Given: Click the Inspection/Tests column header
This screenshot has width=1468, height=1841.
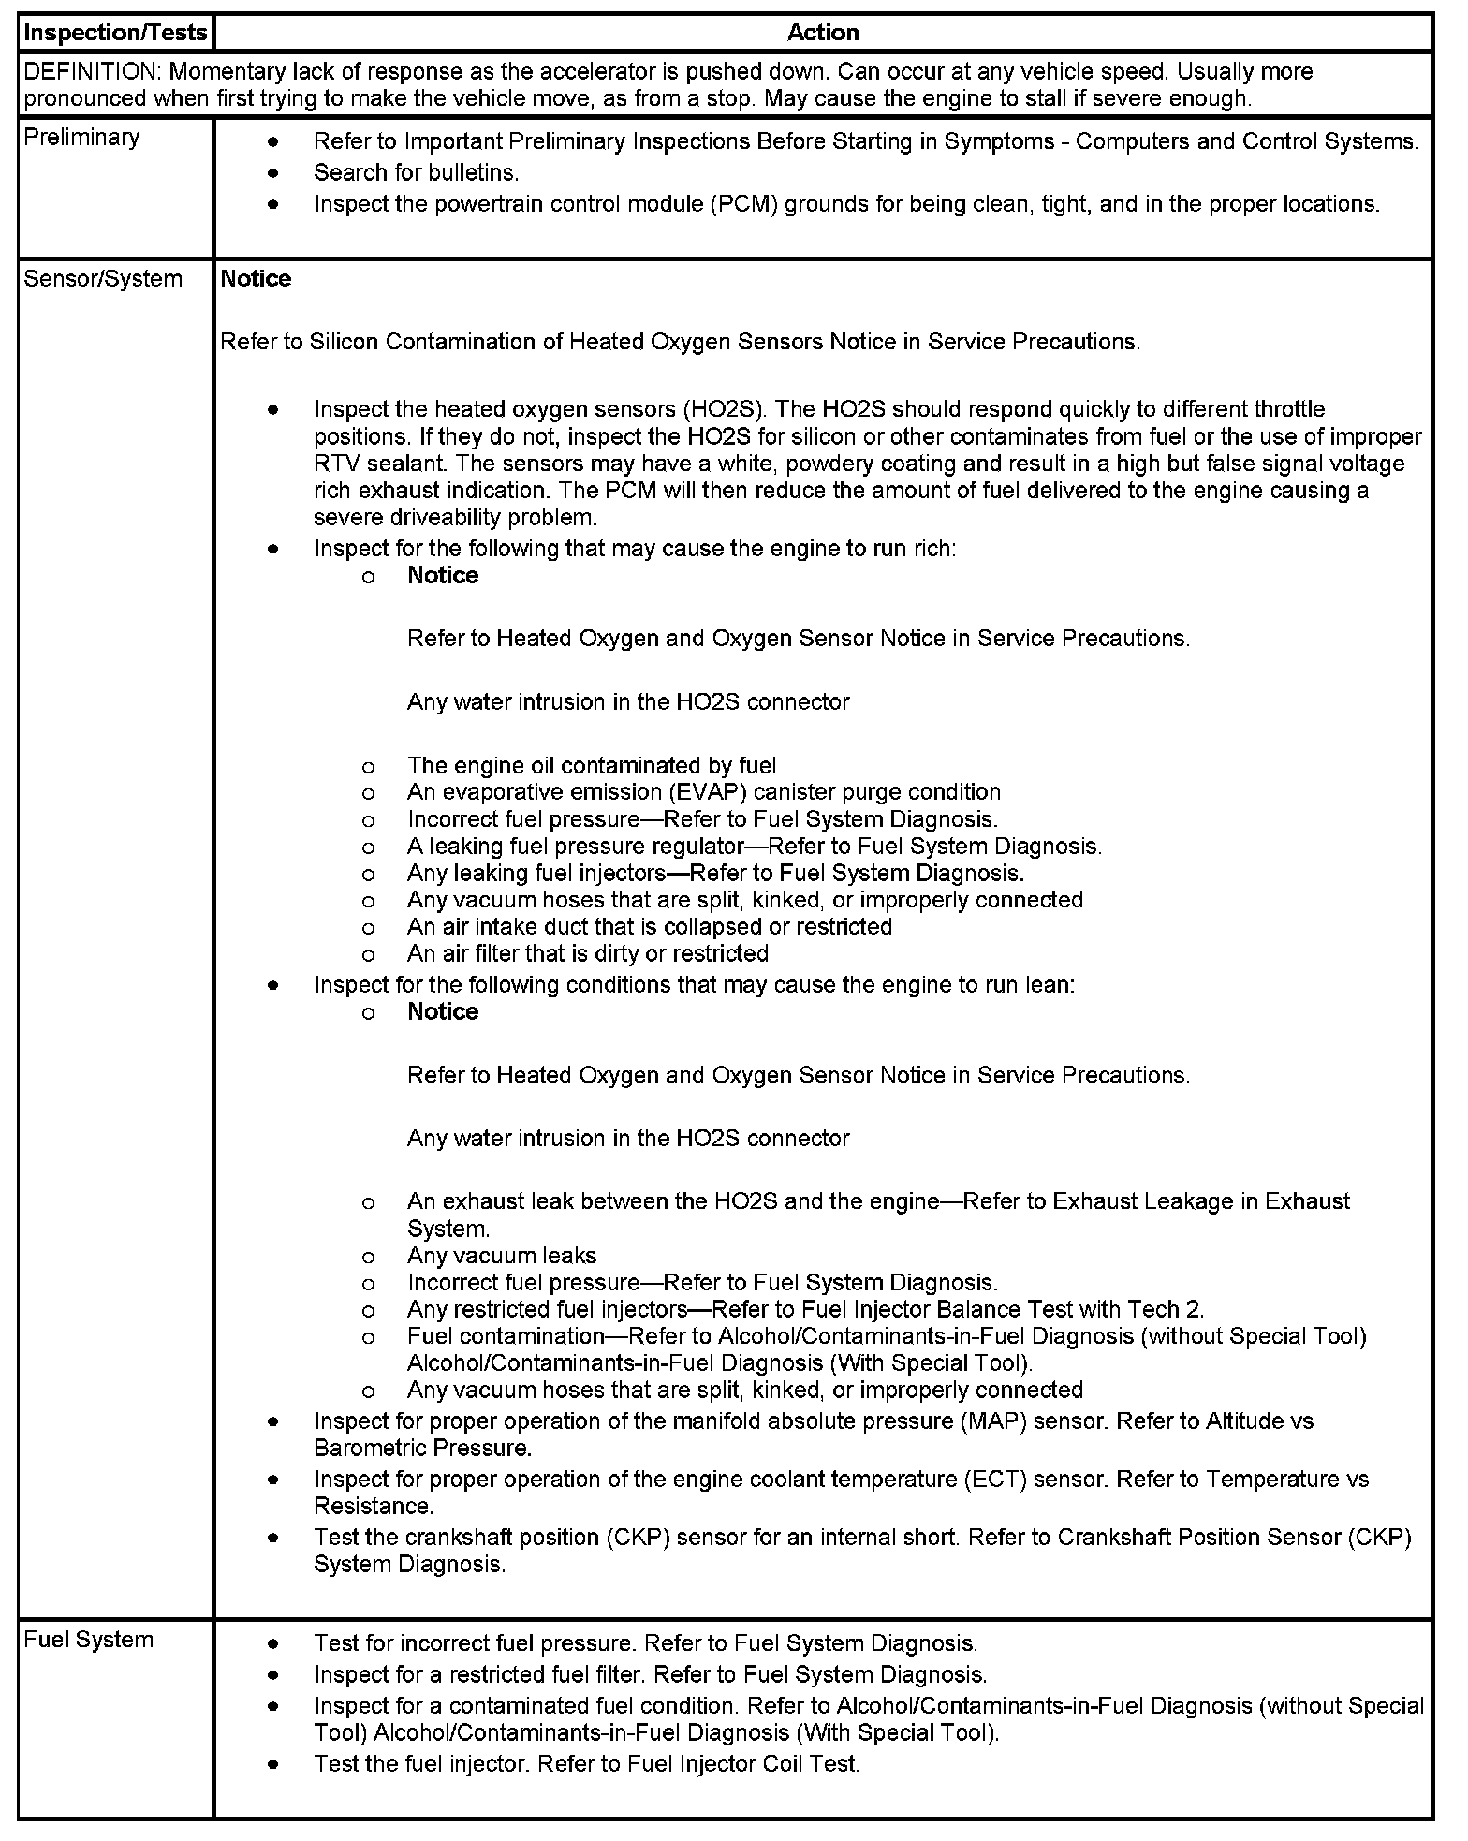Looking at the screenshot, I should click(115, 33).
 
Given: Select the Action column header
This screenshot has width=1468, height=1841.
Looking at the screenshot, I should click(823, 33).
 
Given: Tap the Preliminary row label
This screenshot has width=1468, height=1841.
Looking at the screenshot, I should click(81, 138).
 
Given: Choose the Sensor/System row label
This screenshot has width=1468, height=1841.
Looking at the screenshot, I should click(103, 279).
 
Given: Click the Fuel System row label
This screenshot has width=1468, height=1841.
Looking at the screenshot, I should click(88, 1640).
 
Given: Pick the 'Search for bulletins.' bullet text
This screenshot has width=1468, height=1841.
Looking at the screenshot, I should click(416, 173).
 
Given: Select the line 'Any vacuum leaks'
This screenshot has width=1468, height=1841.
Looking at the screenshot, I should click(502, 1256).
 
